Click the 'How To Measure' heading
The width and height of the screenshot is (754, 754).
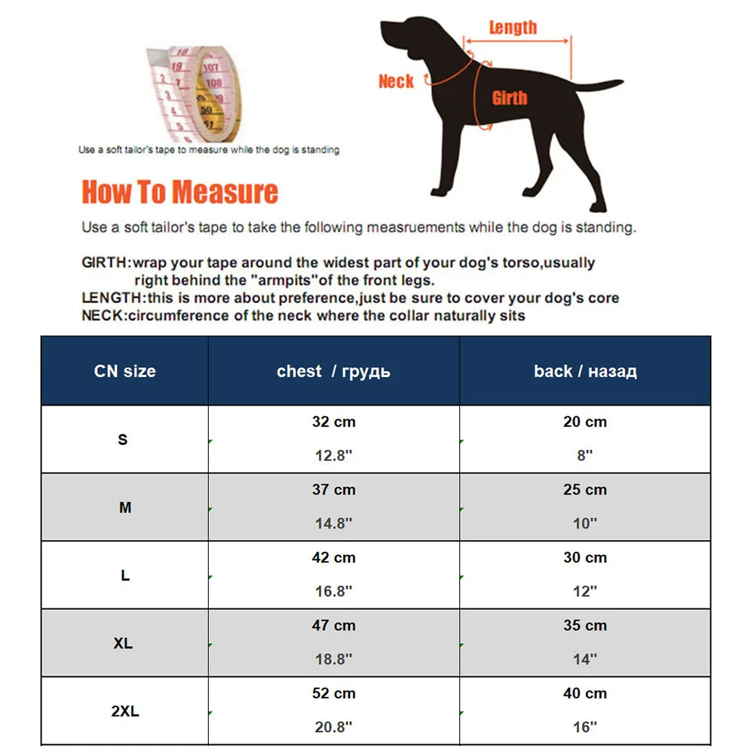pos(179,192)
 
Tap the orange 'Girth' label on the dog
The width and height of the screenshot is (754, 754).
pos(510,98)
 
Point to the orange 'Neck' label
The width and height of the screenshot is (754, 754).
pos(396,81)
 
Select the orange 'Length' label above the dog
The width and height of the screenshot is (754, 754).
pos(513,28)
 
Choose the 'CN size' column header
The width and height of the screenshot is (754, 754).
pos(125,371)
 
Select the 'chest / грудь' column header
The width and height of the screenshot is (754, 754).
pos(333,371)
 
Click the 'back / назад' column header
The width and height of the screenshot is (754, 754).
pos(585,371)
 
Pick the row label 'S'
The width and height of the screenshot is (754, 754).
pos(124,439)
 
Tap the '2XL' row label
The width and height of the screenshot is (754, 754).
pos(124,710)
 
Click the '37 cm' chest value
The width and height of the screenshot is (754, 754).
pos(333,490)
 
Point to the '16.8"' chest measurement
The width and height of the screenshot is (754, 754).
pos(333,591)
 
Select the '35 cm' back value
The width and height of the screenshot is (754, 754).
pos(585,626)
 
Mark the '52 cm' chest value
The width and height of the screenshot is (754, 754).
pos(333,694)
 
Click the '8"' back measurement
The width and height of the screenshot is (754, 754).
pos(585,455)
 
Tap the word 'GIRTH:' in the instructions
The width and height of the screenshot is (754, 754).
pos(106,263)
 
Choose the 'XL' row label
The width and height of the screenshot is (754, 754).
pos(124,643)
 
